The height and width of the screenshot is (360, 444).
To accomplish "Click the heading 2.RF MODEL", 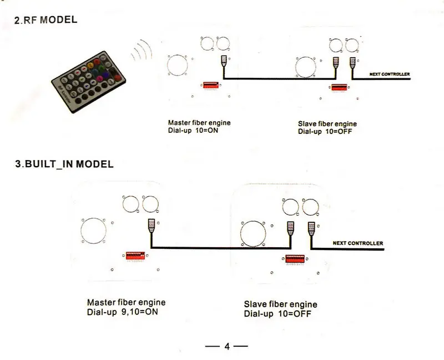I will point(46,21).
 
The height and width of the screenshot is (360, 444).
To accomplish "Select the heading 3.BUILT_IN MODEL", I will point(63,164).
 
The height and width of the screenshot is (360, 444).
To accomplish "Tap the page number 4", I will point(226,346).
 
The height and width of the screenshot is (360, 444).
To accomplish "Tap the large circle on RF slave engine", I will point(306,67).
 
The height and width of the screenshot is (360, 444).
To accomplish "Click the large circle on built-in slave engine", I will point(254,234).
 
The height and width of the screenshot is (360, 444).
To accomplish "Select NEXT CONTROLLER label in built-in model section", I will point(357,243).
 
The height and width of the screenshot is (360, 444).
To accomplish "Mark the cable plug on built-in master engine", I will point(150,226).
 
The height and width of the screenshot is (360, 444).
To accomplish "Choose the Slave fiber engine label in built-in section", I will point(280,304).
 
